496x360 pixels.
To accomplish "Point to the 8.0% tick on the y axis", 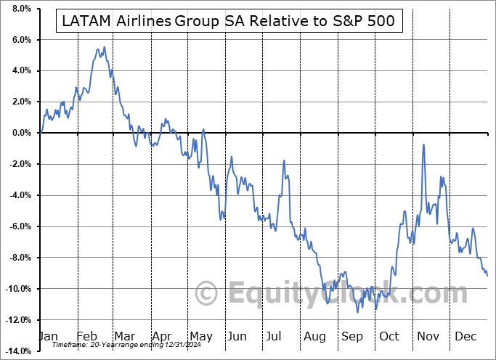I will pyautogui.click(x=20, y=9).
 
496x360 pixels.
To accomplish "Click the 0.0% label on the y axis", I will pyautogui.click(x=20, y=134).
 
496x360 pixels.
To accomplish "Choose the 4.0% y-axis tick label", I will pyautogui.click(x=20, y=71).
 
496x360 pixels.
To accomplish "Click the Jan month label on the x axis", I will pyautogui.click(x=47, y=337).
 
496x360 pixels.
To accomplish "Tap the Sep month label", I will pyautogui.click(x=352, y=337).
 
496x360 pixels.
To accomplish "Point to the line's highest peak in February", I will pyautogui.click(x=104, y=47).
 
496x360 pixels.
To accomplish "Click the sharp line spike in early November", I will pyautogui.click(x=423, y=144).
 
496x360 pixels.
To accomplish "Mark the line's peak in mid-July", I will pyautogui.click(x=284, y=160).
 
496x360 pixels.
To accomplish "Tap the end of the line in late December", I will pyautogui.click(x=487, y=275).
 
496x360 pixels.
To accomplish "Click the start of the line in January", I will pyautogui.click(x=41, y=133).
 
